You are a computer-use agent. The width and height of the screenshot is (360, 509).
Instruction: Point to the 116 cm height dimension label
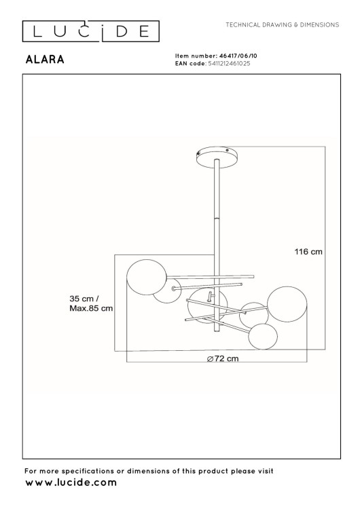pyautogui.click(x=308, y=251)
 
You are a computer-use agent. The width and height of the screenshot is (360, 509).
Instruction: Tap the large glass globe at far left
pyautogui.click(x=146, y=278)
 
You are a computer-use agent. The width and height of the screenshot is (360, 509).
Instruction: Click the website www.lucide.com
pyautogui.click(x=71, y=483)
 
